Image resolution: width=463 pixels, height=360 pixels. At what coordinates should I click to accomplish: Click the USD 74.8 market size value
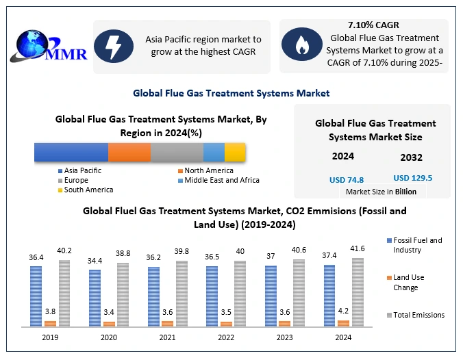[x=346, y=179]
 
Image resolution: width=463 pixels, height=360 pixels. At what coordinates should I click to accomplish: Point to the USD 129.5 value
[x=413, y=178]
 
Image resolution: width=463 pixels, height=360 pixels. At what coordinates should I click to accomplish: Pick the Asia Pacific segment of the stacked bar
[x=71, y=152]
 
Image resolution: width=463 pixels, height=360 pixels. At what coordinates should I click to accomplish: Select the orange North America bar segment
[x=129, y=152]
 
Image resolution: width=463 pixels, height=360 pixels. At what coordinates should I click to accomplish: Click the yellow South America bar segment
[x=235, y=152]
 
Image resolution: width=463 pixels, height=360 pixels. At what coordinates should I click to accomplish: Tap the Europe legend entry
[x=77, y=180]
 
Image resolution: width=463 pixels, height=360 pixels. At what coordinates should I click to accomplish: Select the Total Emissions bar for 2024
[x=358, y=292]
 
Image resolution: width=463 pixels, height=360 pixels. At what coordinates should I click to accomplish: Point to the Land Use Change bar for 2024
[x=344, y=322]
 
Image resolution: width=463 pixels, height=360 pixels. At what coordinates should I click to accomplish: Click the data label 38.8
[x=123, y=253]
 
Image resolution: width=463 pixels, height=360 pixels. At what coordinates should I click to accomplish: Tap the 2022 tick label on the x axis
[x=225, y=337]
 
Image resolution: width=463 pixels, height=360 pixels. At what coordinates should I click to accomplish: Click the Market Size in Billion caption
[x=381, y=192]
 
